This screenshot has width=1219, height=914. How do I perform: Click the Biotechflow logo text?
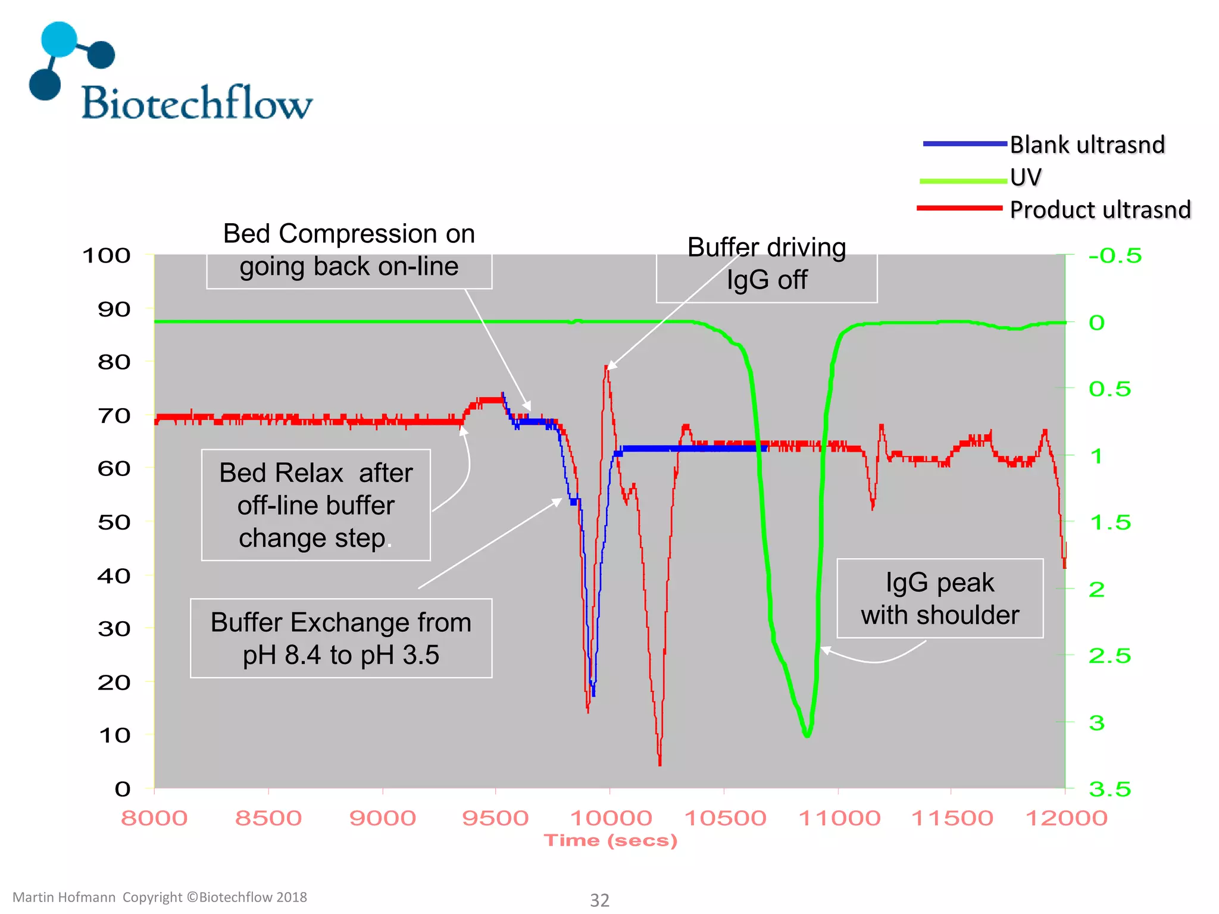[196, 102]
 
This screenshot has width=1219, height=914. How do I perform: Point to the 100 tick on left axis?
[107, 256]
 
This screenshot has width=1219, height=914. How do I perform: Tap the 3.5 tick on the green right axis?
[1109, 790]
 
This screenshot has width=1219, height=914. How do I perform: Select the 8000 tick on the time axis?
[154, 818]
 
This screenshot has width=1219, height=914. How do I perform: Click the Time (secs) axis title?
[611, 841]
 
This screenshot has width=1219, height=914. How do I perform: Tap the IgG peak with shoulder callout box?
[940, 599]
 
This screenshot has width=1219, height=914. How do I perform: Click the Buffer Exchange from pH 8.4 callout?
[341, 638]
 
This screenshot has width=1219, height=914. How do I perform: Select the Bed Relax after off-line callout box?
[316, 505]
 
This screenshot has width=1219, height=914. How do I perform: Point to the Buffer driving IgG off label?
[767, 264]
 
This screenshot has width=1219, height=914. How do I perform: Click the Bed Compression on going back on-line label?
[349, 251]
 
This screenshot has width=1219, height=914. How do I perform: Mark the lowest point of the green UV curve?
[807, 735]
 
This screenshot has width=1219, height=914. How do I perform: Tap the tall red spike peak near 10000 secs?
[607, 367]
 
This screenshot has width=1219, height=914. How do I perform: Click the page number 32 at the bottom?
[599, 900]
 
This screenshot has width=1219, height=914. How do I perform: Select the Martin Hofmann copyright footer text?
[160, 897]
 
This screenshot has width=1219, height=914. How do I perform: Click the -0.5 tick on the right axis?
[1115, 256]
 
